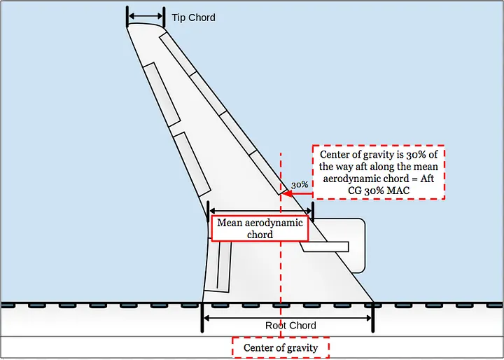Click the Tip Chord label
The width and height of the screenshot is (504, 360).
(194, 18)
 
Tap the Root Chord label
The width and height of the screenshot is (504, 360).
(290, 326)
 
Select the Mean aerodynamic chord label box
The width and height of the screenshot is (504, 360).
(260, 229)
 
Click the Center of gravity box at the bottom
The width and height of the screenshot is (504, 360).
(280, 348)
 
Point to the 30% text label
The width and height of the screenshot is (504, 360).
(300, 184)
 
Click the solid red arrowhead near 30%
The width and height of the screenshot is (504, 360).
(287, 193)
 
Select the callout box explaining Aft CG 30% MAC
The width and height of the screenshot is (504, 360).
(378, 172)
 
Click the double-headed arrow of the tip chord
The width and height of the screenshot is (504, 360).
(146, 17)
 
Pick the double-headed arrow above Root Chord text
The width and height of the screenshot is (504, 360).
(288, 317)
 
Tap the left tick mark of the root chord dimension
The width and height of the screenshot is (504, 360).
(202, 317)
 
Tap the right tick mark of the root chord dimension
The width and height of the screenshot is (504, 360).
(373, 317)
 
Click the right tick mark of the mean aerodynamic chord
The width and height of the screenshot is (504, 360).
(313, 209)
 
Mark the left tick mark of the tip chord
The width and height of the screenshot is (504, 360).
(127, 17)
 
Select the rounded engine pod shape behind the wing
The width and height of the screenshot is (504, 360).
(353, 245)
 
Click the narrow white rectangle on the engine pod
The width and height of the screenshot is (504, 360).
(325, 247)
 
